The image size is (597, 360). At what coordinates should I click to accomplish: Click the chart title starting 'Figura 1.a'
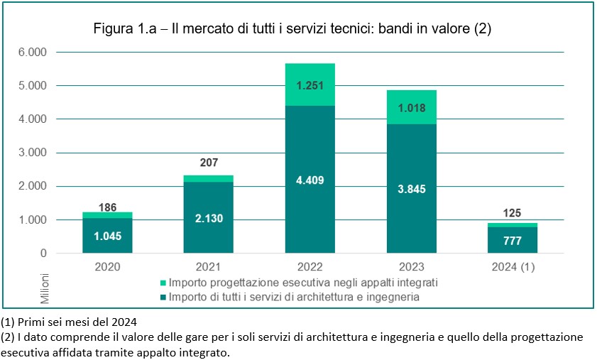pyautogui.click(x=292, y=29)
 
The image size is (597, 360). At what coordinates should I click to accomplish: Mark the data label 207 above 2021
pyautogui.click(x=208, y=163)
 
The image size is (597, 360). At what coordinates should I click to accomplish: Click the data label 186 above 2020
pyautogui.click(x=107, y=207)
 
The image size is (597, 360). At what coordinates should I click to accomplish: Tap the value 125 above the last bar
pyautogui.click(x=512, y=212)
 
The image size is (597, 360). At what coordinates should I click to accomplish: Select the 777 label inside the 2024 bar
pyautogui.click(x=512, y=241)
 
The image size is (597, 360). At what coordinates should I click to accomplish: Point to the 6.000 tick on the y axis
pyautogui.click(x=32, y=53)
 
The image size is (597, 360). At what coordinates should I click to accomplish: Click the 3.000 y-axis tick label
pyautogui.click(x=32, y=153)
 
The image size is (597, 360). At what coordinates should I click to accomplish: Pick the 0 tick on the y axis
pyautogui.click(x=43, y=253)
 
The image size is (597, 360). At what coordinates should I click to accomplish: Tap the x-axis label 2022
pyautogui.click(x=310, y=268)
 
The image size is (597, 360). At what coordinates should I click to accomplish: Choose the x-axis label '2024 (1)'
pyautogui.click(x=512, y=268)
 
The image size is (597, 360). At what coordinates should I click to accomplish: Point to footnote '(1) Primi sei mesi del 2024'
pyautogui.click(x=69, y=321)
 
